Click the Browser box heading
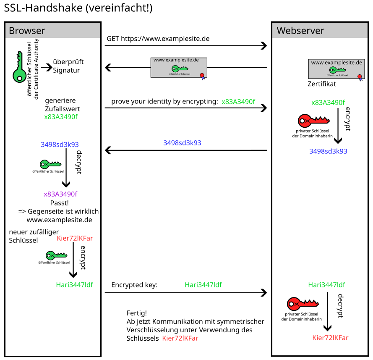[x=27, y=31]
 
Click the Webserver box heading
[x=300, y=31]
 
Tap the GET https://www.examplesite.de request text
[x=158, y=39]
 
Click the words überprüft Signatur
[x=66, y=66]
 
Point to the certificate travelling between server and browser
[x=180, y=67]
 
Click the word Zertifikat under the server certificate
[x=322, y=84]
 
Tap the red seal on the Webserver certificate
[x=360, y=76]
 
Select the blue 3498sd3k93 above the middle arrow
[x=182, y=143]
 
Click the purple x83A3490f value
[x=61, y=194]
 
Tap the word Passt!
[x=59, y=202]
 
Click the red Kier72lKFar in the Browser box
[x=75, y=239]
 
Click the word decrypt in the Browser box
[x=78, y=162]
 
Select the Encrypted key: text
[x=134, y=285]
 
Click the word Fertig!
[x=137, y=313]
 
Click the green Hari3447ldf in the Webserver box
[x=326, y=285]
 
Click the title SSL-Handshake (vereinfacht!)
[x=78, y=9]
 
